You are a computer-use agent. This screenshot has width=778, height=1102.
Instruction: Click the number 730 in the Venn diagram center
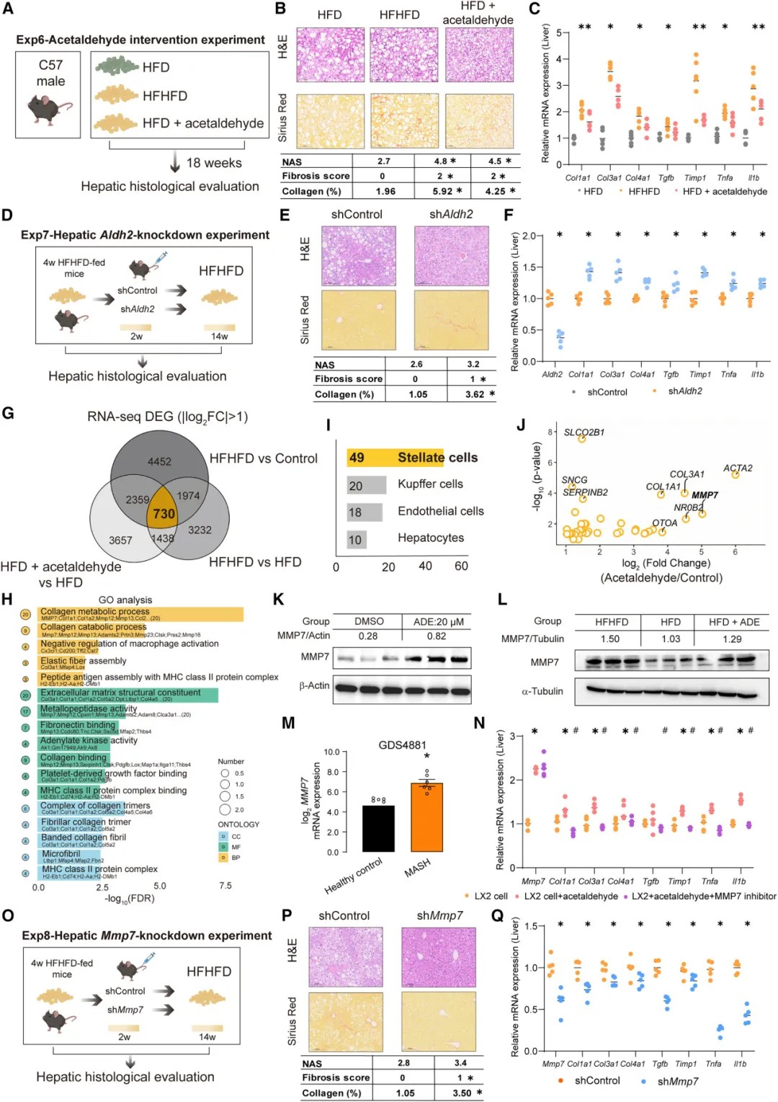point(164,514)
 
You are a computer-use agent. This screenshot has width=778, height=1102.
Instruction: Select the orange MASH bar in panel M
point(426,817)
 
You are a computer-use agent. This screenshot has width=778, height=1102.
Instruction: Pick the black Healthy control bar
point(378,829)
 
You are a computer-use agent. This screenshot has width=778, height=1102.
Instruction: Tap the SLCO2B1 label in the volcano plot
point(584,432)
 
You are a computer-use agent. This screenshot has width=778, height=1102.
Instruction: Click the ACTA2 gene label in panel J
point(738,468)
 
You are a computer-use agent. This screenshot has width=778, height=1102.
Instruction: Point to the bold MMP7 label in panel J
point(705,495)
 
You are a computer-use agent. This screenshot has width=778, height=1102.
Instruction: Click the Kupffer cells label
point(430,484)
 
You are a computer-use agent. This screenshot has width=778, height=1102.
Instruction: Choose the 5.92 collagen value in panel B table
point(442,191)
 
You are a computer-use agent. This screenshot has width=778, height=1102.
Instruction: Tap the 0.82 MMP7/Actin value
point(436,636)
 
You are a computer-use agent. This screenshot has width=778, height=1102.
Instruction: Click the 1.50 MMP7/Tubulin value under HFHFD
point(610,639)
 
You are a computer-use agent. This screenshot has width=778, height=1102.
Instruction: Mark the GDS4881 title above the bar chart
point(402,745)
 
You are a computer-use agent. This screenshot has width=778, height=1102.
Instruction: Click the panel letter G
point(9,414)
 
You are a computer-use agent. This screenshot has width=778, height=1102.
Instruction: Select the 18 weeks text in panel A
point(214,163)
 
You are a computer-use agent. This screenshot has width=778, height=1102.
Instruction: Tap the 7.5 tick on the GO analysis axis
point(225,886)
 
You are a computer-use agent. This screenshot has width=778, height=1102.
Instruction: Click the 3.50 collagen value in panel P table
point(462,1093)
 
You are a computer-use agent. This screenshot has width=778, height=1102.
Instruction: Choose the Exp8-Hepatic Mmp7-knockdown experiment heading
point(146,936)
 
